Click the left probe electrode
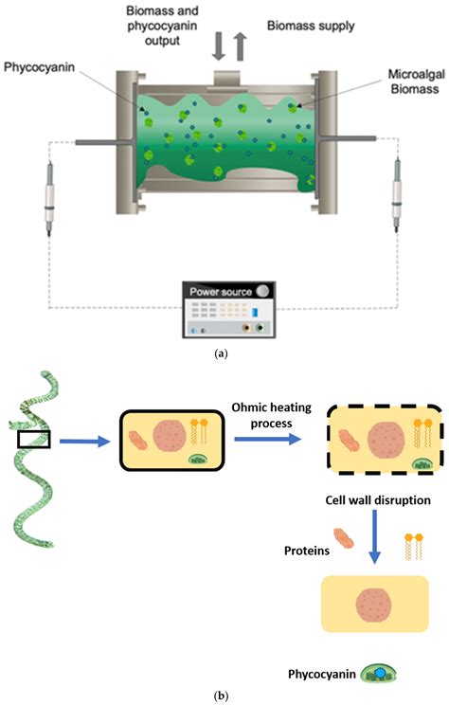47,197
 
